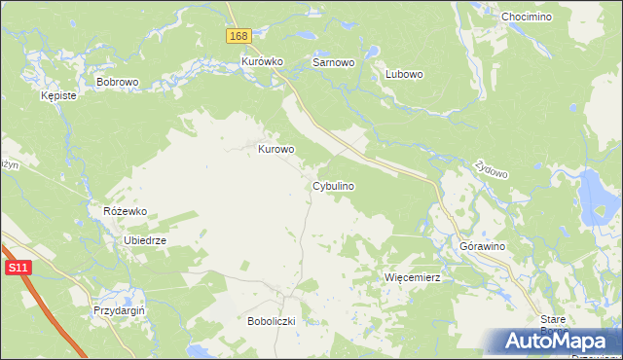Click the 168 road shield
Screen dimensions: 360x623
click(239, 35)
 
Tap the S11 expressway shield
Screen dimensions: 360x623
click(16, 267)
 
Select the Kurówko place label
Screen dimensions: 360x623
click(262, 61)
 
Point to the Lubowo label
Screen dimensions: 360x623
click(403, 73)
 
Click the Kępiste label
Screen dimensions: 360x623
click(58, 96)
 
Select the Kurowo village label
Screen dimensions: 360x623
click(275, 150)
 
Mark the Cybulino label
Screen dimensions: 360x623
click(333, 185)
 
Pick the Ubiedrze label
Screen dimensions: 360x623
click(145, 240)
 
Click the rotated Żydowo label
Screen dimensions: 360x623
click(492, 169)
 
